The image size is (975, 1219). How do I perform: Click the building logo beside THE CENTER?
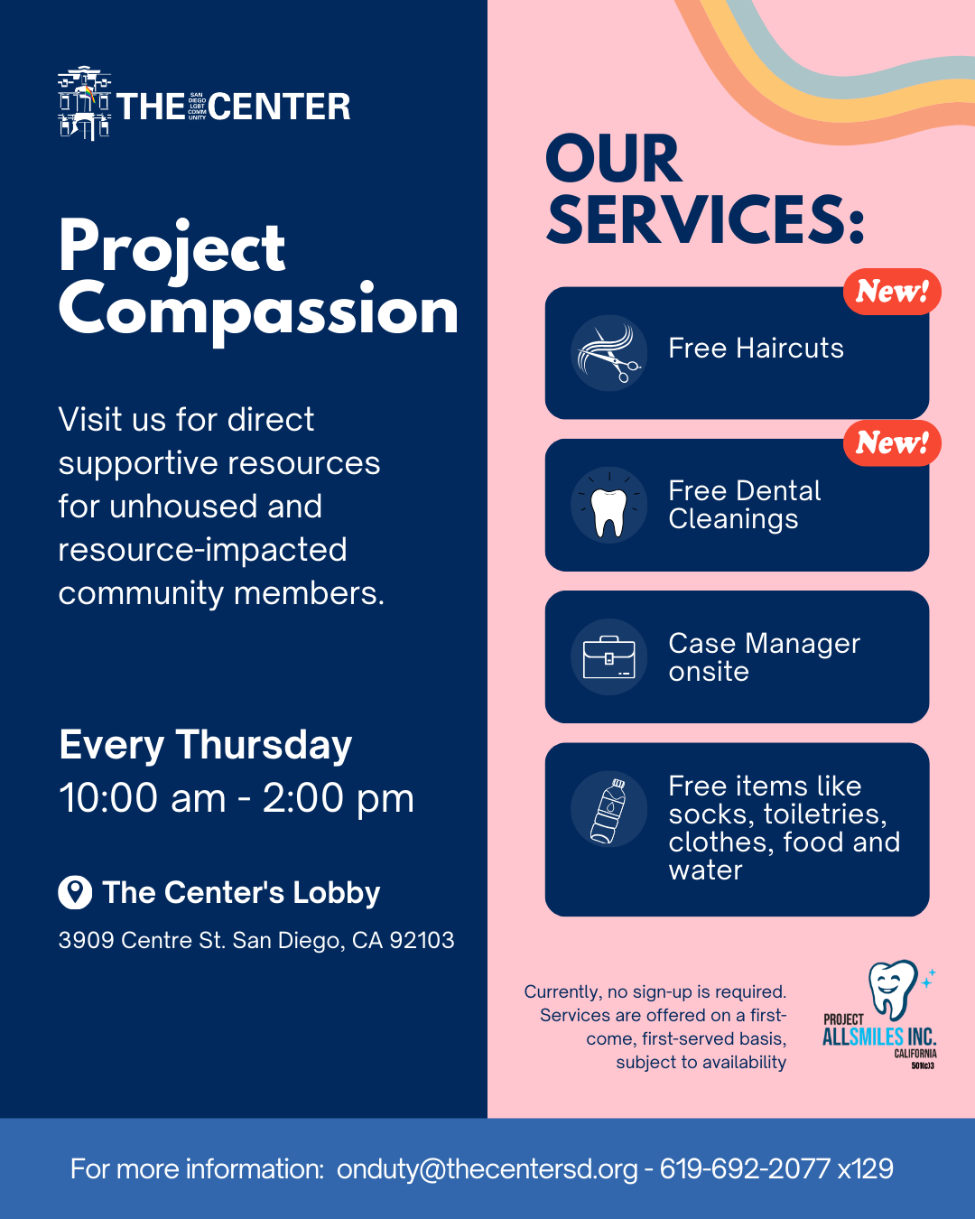tap(85, 103)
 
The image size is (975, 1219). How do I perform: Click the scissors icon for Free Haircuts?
tap(608, 353)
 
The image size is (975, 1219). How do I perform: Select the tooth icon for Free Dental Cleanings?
tap(609, 506)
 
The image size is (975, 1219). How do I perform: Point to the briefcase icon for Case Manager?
tap(609, 657)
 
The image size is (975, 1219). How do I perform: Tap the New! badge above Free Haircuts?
tap(892, 291)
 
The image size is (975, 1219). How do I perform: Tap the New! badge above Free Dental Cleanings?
tap(892, 443)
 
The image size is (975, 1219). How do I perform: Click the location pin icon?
tap(75, 893)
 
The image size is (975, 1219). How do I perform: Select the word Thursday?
tap(264, 745)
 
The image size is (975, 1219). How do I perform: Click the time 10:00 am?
tap(143, 798)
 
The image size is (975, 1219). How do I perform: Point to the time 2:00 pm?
tap(339, 798)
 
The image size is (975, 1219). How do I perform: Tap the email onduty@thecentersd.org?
tap(487, 1169)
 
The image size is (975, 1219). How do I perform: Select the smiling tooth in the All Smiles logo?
tap(894, 990)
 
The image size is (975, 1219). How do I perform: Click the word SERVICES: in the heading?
tap(705, 219)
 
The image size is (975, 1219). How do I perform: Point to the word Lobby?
tap(337, 893)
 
